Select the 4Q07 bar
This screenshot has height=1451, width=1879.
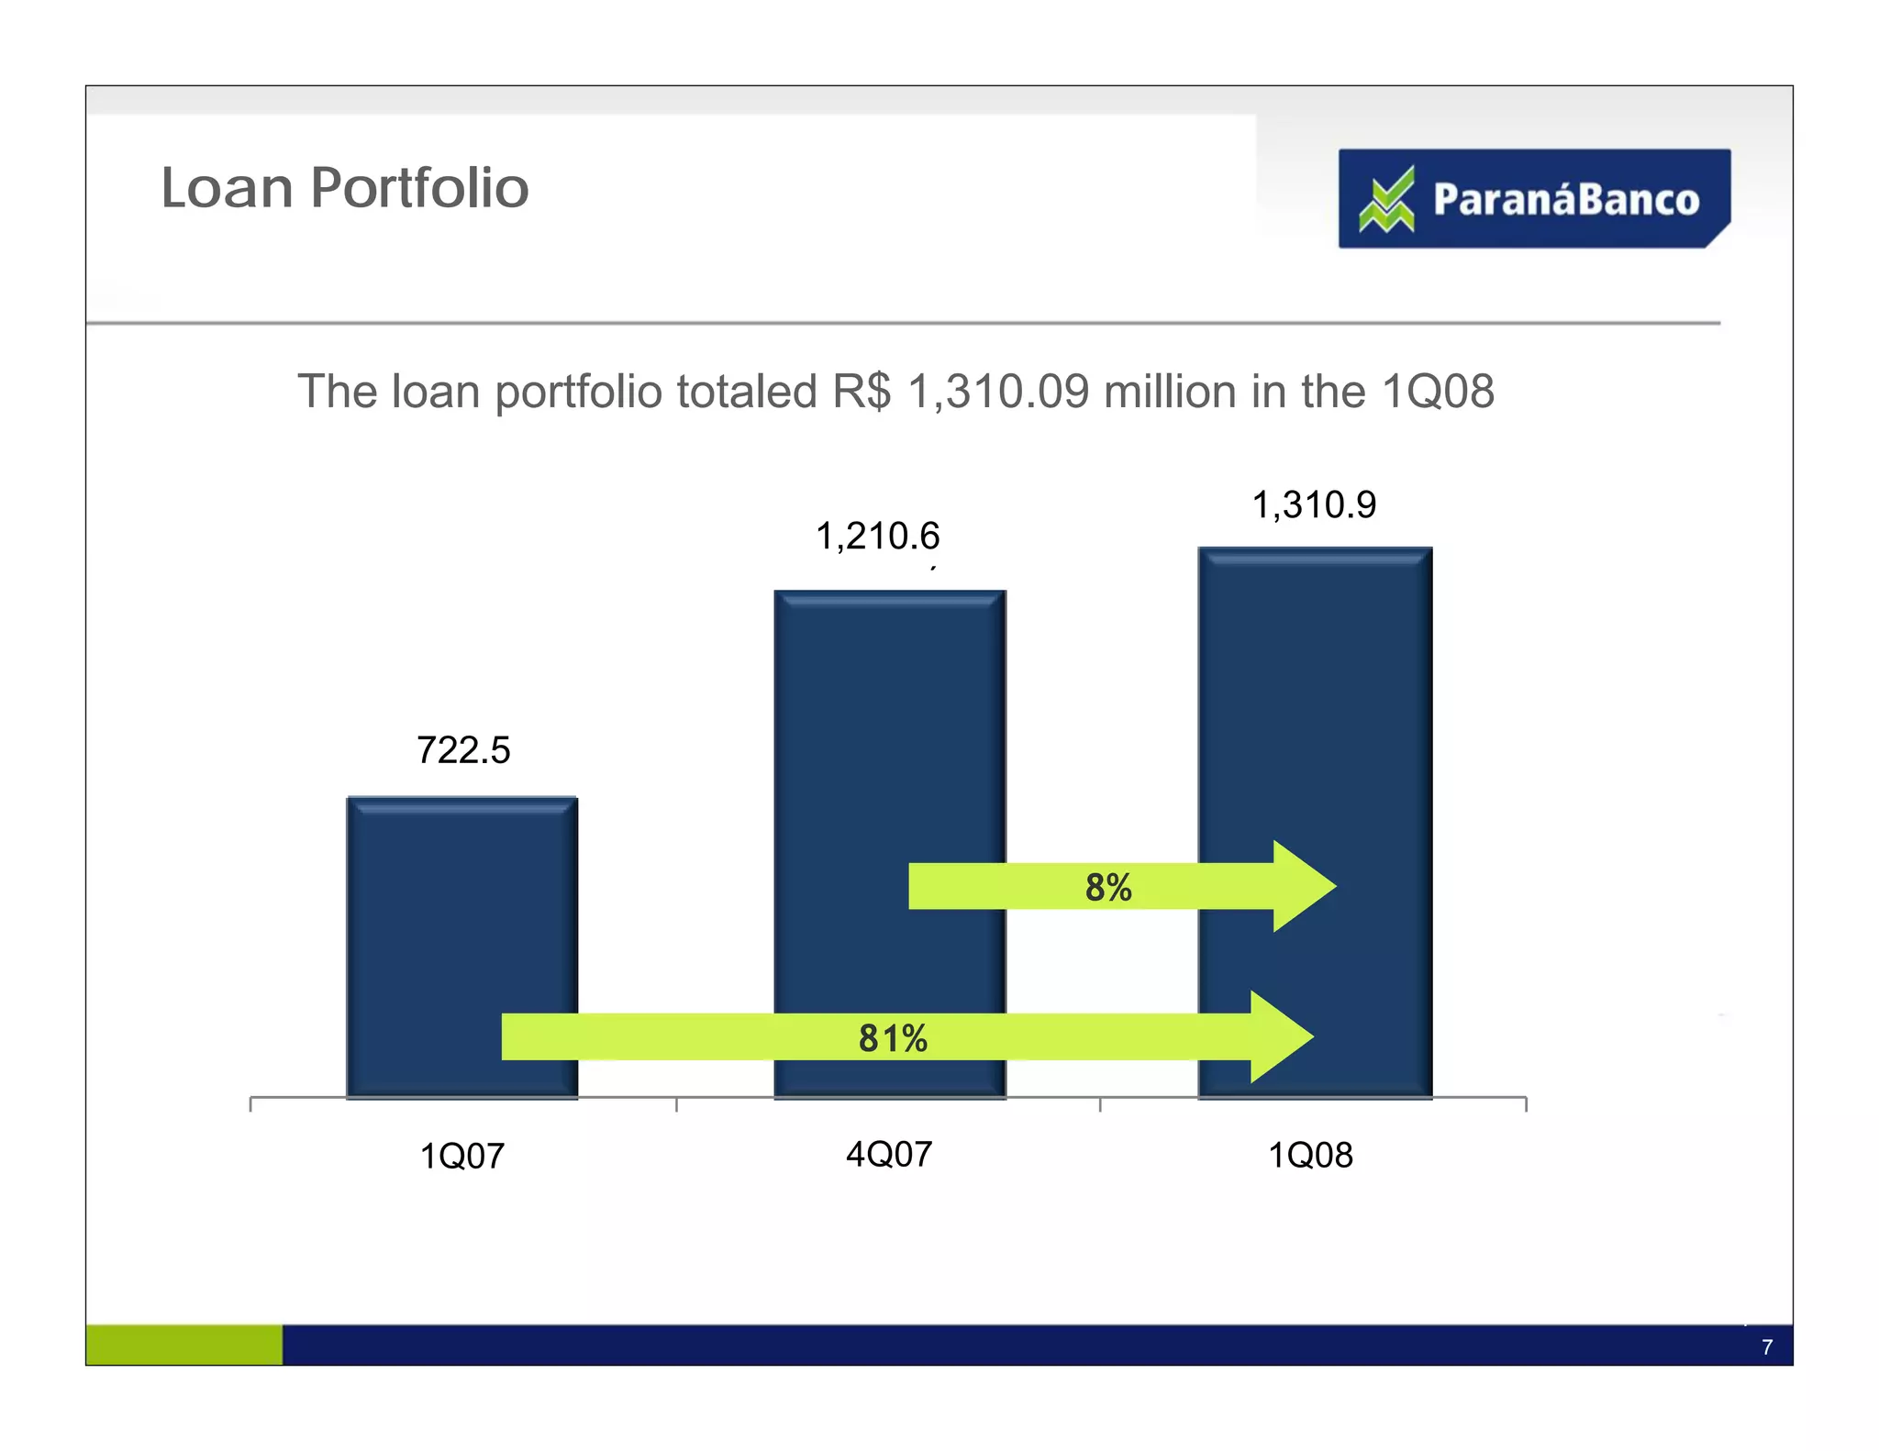pos(889,734)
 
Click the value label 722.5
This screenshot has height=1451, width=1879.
pos(462,750)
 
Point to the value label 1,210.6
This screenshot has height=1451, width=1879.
pos(877,537)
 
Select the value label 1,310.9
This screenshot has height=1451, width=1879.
pos(1314,505)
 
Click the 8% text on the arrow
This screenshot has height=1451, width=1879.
pos(1107,888)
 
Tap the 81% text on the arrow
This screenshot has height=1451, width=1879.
pos(892,1038)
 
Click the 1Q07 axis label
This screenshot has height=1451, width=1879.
pos(461,1156)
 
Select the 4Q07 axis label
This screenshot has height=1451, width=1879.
pos(888,1154)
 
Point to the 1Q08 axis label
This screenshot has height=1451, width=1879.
pos(1310,1155)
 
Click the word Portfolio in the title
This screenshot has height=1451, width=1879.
pos(419,188)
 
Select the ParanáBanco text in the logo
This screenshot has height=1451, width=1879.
pos(1565,200)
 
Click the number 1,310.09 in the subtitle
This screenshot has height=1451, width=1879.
pos(998,392)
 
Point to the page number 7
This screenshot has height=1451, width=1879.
pos(1766,1347)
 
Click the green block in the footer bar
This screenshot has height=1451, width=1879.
pos(183,1345)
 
